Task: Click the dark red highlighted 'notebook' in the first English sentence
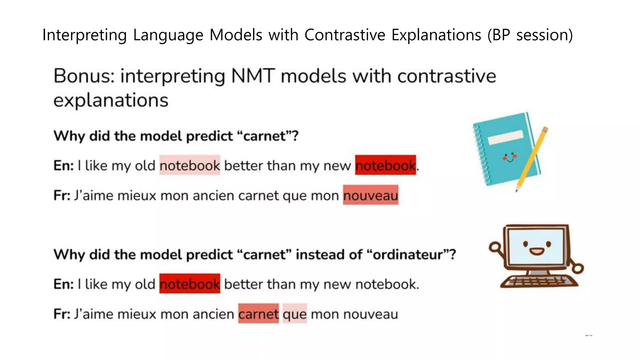point(385,165)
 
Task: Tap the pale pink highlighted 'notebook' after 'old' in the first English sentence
point(190,165)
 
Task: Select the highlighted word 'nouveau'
point(371,195)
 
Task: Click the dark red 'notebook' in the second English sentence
point(190,284)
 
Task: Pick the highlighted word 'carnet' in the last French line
point(258,314)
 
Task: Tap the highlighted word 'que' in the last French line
point(295,314)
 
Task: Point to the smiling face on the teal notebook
point(510,157)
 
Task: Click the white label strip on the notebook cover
point(505,137)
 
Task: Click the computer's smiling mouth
point(537,251)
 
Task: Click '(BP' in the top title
point(499,35)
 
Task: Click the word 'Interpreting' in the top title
point(84,35)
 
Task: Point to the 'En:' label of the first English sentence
point(63,165)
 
